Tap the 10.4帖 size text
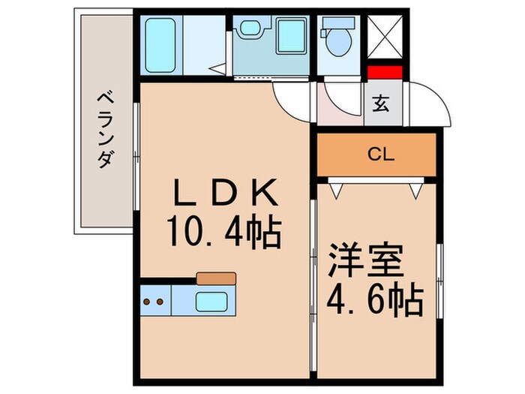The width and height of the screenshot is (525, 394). click(224, 234)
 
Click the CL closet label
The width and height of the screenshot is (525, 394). click(381, 155)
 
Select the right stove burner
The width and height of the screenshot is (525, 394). click(160, 303)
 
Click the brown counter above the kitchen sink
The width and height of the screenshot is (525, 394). click(216, 278)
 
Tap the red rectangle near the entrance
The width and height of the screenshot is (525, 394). click(385, 73)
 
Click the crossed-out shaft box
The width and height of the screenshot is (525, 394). click(387, 36)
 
